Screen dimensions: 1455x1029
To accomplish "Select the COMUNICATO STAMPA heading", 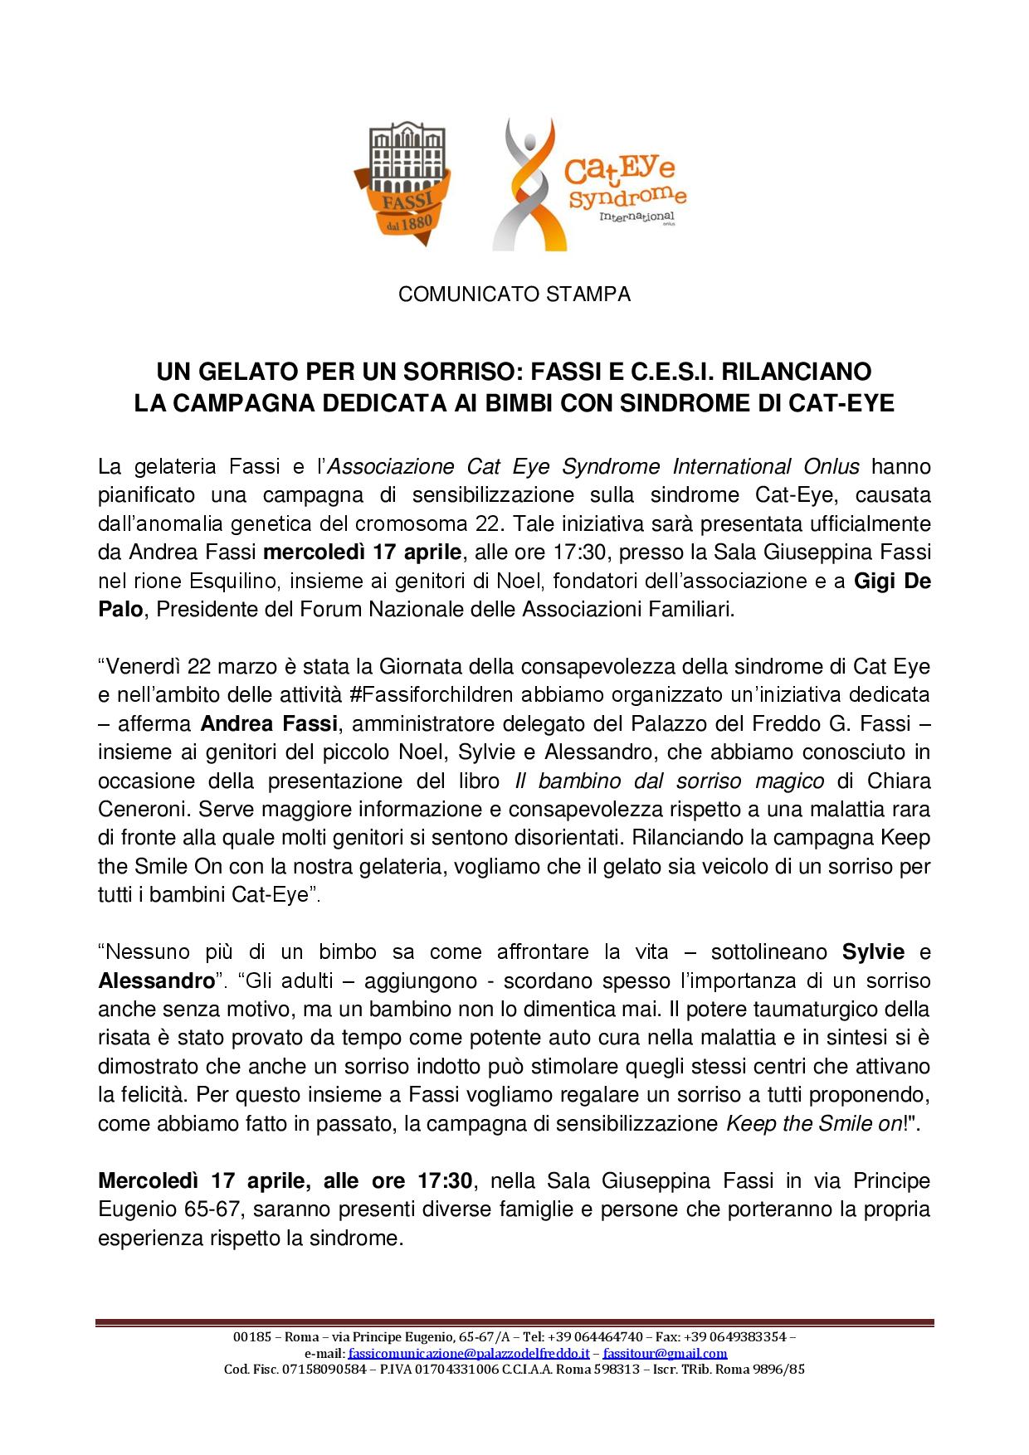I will click(514, 294).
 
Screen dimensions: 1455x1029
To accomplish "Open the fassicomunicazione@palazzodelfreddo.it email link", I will click(468, 1353).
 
